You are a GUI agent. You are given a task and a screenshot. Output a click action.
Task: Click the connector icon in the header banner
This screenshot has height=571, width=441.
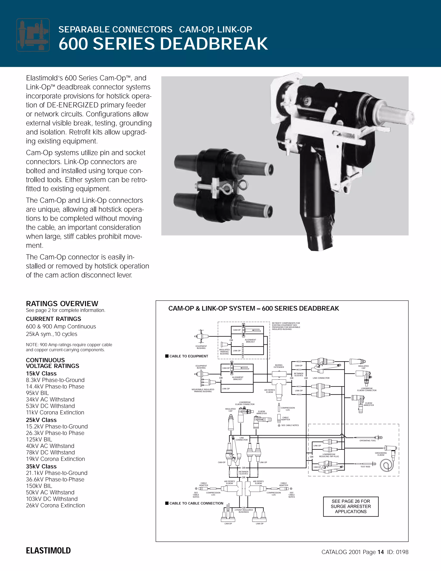[x=33, y=35]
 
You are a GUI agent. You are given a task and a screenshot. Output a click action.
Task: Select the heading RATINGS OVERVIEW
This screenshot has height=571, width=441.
[x=62, y=304]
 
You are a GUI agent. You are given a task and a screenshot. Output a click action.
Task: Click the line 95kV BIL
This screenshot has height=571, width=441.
[x=37, y=393]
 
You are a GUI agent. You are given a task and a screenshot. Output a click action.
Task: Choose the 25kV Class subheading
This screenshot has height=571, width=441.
[x=41, y=420]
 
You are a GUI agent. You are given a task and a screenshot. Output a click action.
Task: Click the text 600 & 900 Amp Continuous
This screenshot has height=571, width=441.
[x=61, y=326]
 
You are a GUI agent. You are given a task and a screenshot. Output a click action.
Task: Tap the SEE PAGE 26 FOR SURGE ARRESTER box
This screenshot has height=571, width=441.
[x=351, y=506]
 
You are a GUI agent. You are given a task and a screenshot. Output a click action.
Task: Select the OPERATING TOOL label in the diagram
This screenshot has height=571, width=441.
[x=368, y=441]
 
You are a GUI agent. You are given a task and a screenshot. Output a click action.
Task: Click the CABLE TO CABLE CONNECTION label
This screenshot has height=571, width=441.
[x=196, y=503]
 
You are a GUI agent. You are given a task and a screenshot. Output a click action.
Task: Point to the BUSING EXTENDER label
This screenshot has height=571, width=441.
[x=279, y=366]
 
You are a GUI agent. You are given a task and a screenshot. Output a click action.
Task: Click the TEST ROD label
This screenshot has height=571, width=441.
[x=365, y=467]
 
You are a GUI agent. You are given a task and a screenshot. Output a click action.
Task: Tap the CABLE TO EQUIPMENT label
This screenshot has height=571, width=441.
[x=189, y=356]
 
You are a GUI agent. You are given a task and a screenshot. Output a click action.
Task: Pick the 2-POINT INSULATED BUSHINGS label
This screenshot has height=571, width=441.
[x=244, y=511]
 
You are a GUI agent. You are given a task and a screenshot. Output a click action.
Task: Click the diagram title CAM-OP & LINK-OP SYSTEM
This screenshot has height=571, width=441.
[x=253, y=309]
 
